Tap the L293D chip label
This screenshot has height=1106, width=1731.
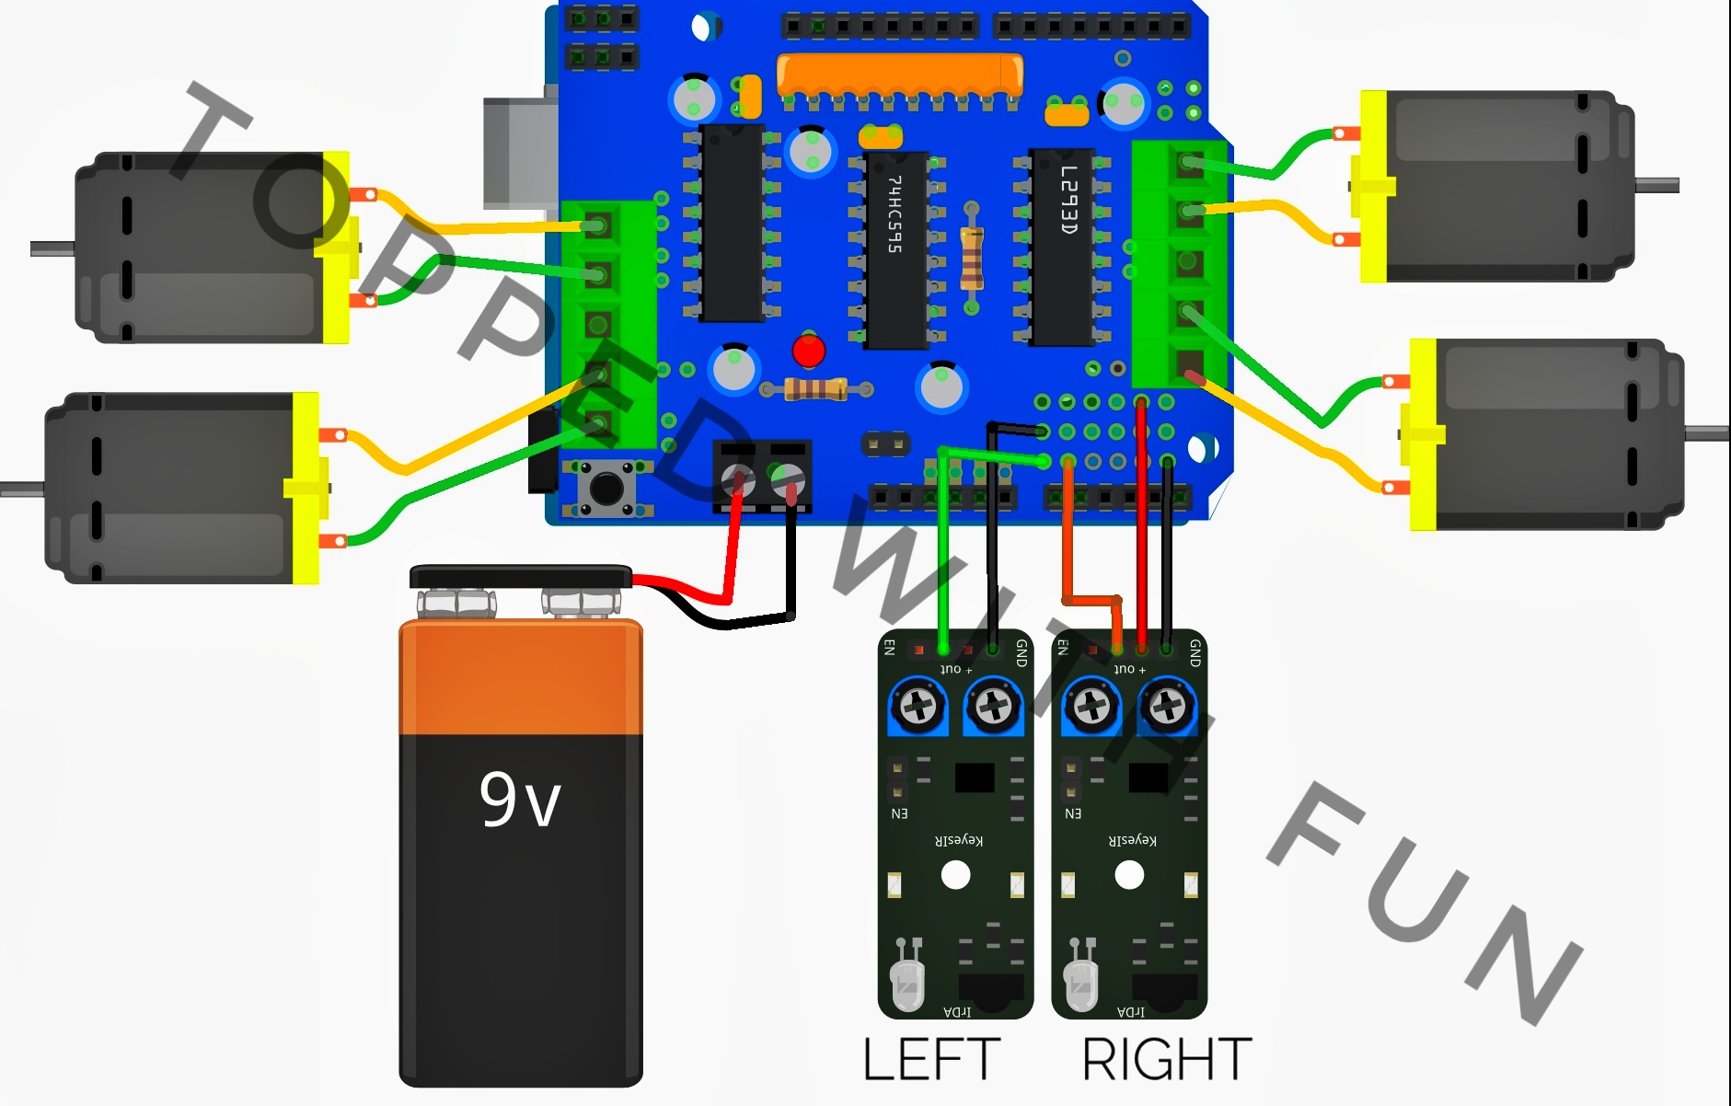1067,200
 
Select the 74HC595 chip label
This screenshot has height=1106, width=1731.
894,214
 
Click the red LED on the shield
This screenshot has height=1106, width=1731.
808,351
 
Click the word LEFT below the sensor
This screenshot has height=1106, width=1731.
931,1059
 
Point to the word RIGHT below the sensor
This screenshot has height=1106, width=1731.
1166,1059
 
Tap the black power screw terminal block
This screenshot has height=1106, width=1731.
762,474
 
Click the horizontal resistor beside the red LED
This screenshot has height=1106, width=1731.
816,389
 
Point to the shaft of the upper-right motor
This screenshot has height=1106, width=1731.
1656,186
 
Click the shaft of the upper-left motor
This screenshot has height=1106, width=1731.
52,248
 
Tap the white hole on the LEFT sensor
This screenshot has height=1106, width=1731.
955,874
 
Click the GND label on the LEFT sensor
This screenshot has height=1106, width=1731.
1021,653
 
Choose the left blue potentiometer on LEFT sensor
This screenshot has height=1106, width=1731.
917,707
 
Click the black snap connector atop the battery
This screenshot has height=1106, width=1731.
520,577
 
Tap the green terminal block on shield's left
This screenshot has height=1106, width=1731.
606,322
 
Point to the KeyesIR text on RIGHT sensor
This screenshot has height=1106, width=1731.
1133,839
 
